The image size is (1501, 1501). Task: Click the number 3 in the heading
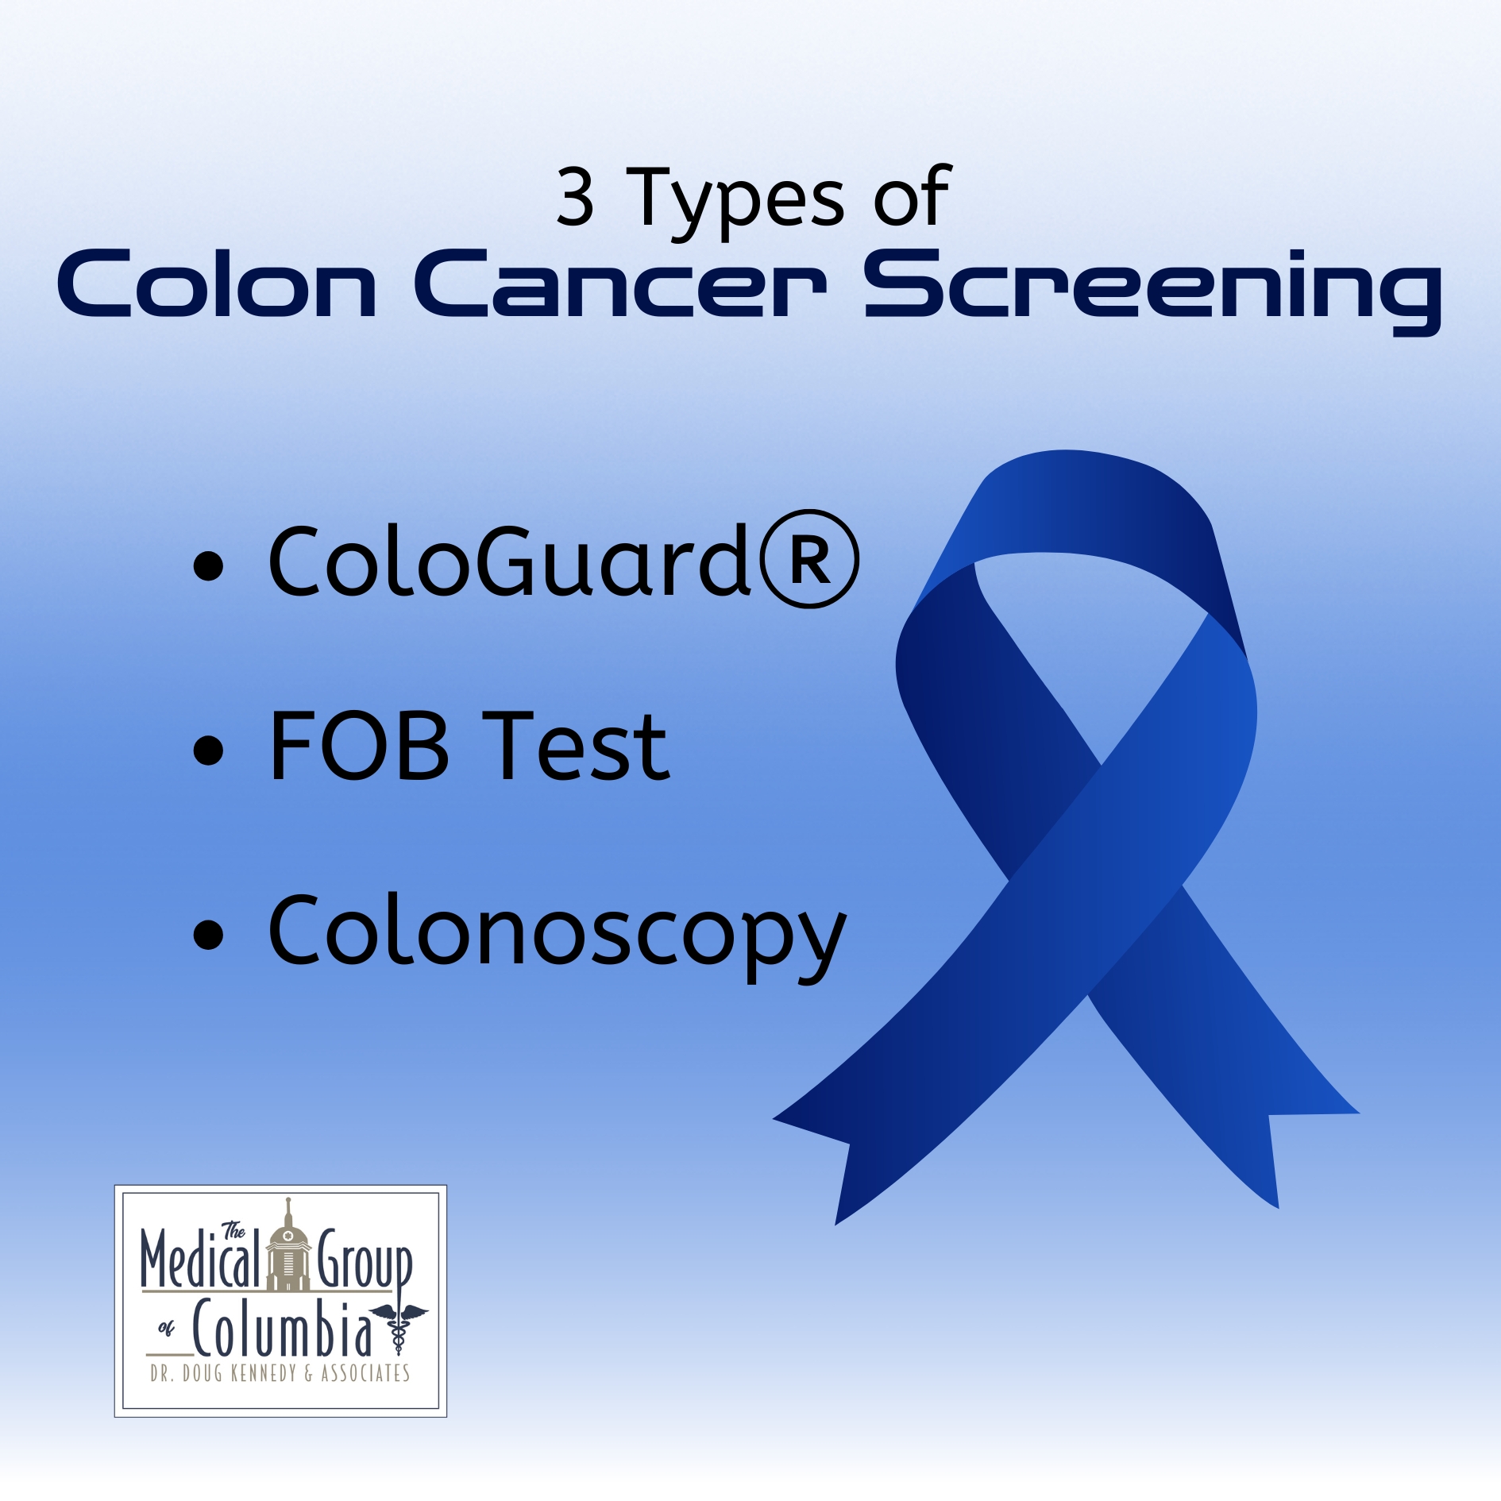[576, 197]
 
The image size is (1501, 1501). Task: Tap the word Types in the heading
[735, 203]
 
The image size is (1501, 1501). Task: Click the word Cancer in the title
[620, 284]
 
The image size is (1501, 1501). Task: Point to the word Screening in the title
[1153, 291]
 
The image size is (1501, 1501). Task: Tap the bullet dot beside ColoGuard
[209, 566]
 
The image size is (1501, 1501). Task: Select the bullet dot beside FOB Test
[209, 750]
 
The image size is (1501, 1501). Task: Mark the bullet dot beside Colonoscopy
[209, 935]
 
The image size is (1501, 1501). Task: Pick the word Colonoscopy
[558, 937]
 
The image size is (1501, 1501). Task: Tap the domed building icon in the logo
[287, 1245]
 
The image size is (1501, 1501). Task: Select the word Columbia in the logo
[282, 1328]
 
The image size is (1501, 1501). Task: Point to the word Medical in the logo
[201, 1258]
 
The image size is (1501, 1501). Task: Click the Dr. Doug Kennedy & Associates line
[280, 1373]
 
